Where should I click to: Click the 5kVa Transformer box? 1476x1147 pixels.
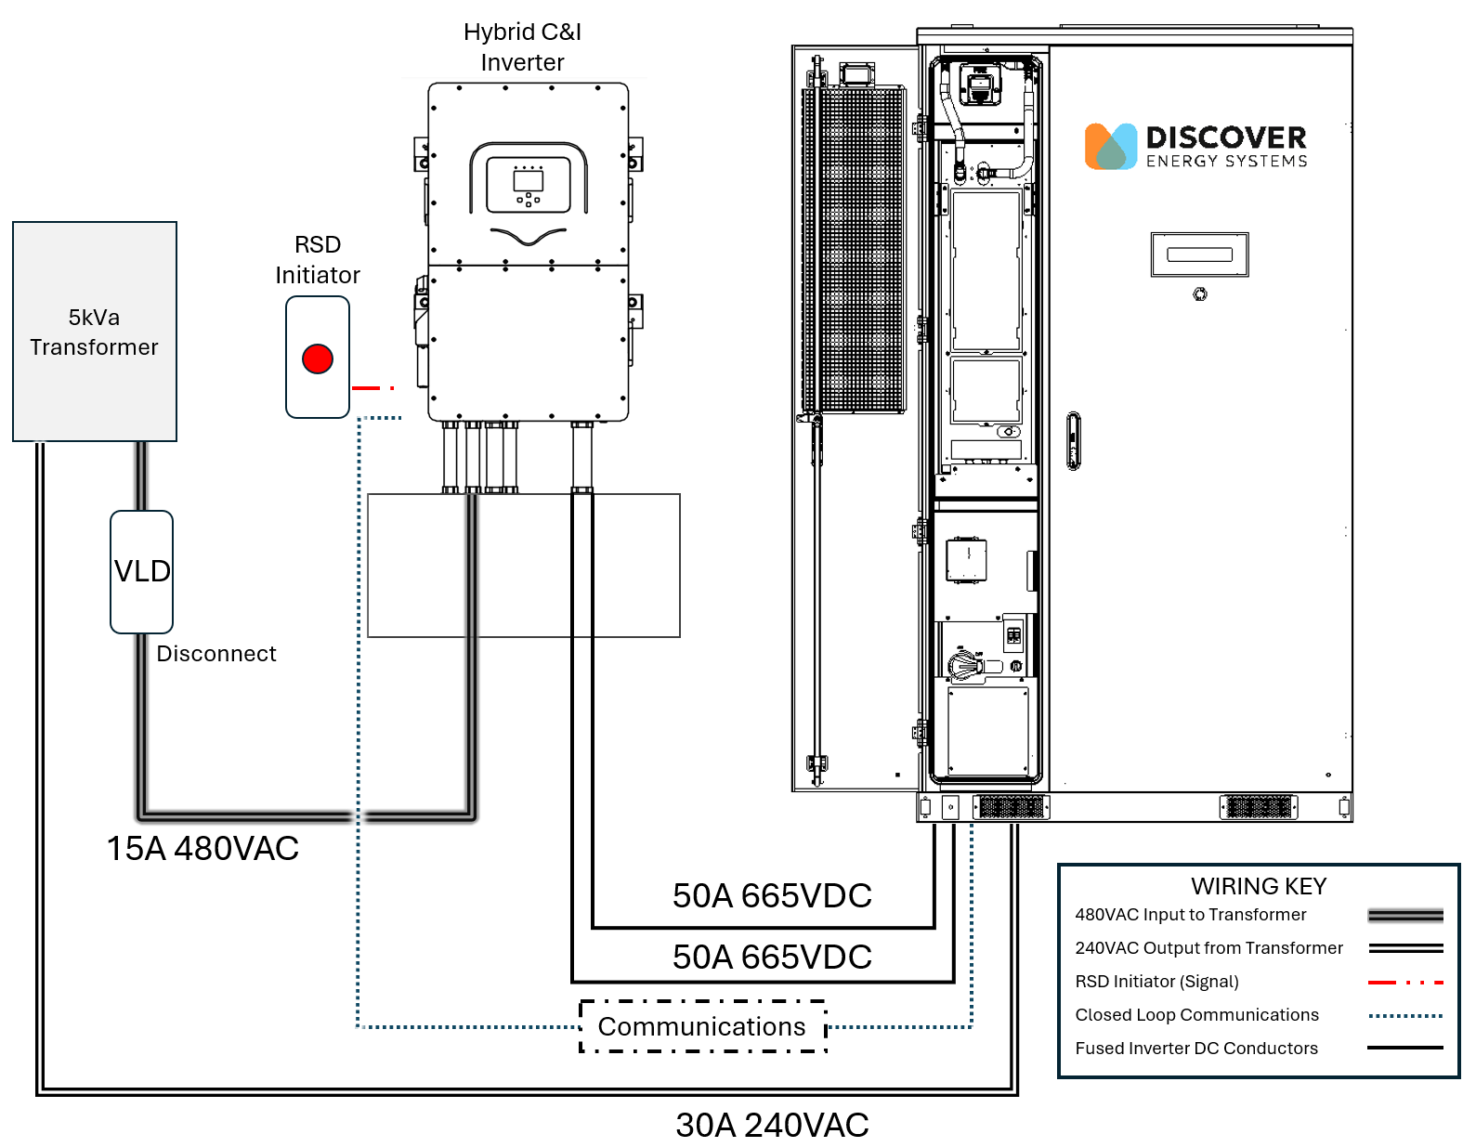click(95, 332)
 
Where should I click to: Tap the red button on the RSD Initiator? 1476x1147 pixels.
click(318, 358)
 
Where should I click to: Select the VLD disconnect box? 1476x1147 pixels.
click(142, 571)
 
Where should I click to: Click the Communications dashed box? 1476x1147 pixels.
click(702, 1026)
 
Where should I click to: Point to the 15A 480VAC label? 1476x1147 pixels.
click(202, 848)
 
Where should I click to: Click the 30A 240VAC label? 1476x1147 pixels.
click(772, 1125)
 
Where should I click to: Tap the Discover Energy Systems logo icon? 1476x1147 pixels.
click(1111, 147)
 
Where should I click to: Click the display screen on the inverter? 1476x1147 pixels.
click(529, 179)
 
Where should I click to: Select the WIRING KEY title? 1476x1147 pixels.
click(1259, 886)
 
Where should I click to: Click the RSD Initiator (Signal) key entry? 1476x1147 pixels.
click(1156, 982)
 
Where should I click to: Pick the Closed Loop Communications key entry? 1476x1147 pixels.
click(1196, 1015)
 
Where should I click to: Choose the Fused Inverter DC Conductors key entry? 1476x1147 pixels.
click(1196, 1049)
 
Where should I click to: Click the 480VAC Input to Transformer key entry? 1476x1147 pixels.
click(1190, 915)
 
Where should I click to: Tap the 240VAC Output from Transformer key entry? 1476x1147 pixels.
click(1208, 948)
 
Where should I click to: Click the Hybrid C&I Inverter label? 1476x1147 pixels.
click(522, 47)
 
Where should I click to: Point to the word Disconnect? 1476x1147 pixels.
click(216, 654)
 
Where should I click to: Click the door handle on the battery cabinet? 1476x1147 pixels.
click(1074, 441)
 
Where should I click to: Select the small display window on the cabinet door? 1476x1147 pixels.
click(1199, 254)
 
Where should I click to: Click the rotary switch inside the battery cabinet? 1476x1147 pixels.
click(965, 664)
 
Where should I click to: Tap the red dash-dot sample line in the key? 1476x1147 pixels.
click(1405, 982)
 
